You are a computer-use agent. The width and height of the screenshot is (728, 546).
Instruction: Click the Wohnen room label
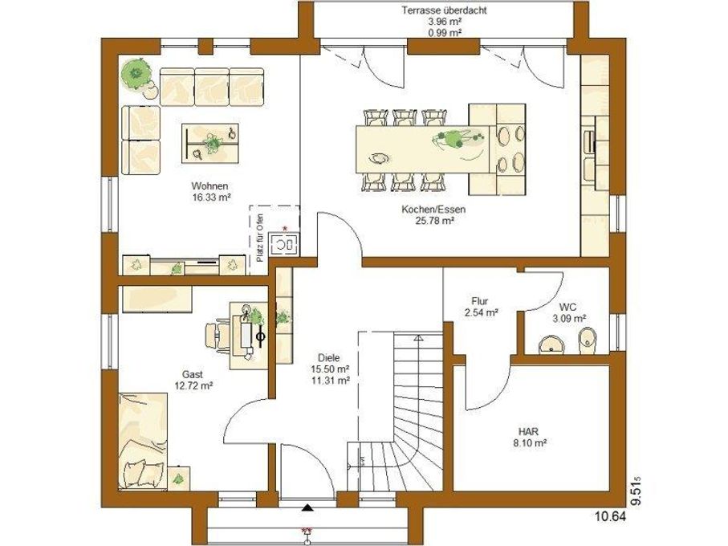point(209,186)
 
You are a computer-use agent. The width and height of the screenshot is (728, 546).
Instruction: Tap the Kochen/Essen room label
point(433,210)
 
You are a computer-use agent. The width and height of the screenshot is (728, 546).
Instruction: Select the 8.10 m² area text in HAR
point(529,443)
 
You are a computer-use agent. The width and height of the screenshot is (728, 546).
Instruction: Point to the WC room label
point(567,308)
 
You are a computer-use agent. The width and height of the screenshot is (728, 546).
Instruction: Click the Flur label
point(479,301)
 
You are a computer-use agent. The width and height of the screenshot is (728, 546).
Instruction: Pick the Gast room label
point(192,374)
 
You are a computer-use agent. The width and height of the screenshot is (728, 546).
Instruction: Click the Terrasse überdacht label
point(445,10)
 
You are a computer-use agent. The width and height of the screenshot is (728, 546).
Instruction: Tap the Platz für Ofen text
point(260,238)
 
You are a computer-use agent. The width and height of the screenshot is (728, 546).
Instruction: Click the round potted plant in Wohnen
point(136,73)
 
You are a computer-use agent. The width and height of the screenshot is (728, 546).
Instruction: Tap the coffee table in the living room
point(210,144)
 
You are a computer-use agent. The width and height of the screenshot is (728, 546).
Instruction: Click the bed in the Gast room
point(143,441)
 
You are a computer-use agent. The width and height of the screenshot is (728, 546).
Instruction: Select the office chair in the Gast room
point(218,335)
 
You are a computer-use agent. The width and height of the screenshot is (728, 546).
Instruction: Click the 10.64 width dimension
point(610,516)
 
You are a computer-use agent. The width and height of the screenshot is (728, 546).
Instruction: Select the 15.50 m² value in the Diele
point(331,369)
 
